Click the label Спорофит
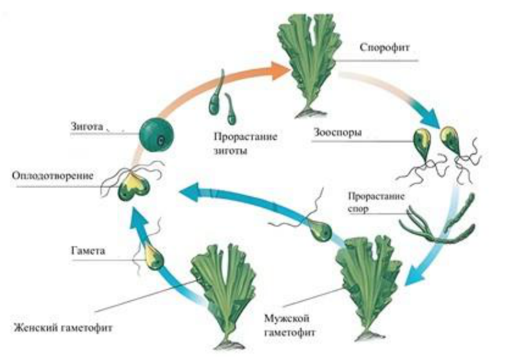[385, 48]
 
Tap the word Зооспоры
[338, 133]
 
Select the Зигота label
[87, 126]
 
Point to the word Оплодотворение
[53, 176]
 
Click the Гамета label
[88, 251]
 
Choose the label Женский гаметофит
[63, 328]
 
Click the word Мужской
[287, 319]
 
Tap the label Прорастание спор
[376, 202]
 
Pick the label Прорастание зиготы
[245, 143]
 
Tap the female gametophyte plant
[225, 294]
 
